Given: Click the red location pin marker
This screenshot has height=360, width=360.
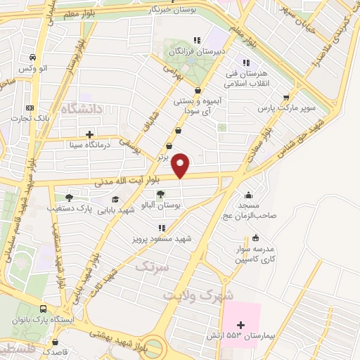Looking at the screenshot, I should (x=181, y=165).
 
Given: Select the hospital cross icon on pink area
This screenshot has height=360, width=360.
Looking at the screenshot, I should (x=242, y=325).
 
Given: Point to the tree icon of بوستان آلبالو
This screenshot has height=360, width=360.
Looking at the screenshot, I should (x=162, y=194).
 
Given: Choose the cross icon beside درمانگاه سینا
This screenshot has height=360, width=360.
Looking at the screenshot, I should (x=89, y=134).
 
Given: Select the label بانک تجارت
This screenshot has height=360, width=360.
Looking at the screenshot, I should (x=30, y=117).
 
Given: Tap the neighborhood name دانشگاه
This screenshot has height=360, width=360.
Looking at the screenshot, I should (x=82, y=109).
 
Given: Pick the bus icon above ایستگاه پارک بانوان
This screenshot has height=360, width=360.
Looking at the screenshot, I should (x=44, y=309).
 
